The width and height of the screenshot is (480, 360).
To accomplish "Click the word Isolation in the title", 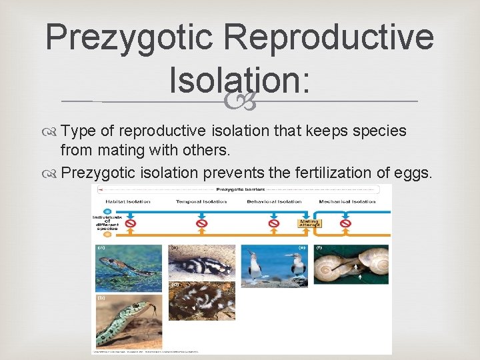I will tap(239, 80).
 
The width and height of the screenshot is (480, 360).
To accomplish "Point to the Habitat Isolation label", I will tap(128, 201).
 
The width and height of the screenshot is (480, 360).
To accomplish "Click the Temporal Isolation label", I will tap(201, 201).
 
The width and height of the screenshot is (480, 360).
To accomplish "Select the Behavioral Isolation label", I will tap(274, 201).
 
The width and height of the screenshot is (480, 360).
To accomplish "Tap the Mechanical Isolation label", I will tap(347, 201).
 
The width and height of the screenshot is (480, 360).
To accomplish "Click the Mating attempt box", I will tap(309, 223).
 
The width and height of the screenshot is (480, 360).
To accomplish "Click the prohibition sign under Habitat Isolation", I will tap(131, 223).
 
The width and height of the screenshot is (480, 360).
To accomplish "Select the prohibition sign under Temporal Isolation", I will tap(202, 223).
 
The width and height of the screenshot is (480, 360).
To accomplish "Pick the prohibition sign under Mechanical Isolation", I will tap(345, 223).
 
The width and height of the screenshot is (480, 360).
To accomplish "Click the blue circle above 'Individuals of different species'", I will tap(107, 211).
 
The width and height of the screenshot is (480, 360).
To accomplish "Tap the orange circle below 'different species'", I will tap(107, 234).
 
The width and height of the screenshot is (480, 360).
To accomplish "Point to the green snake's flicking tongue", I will tap(155, 308).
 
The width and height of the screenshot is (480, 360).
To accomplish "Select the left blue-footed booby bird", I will tap(255, 267).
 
